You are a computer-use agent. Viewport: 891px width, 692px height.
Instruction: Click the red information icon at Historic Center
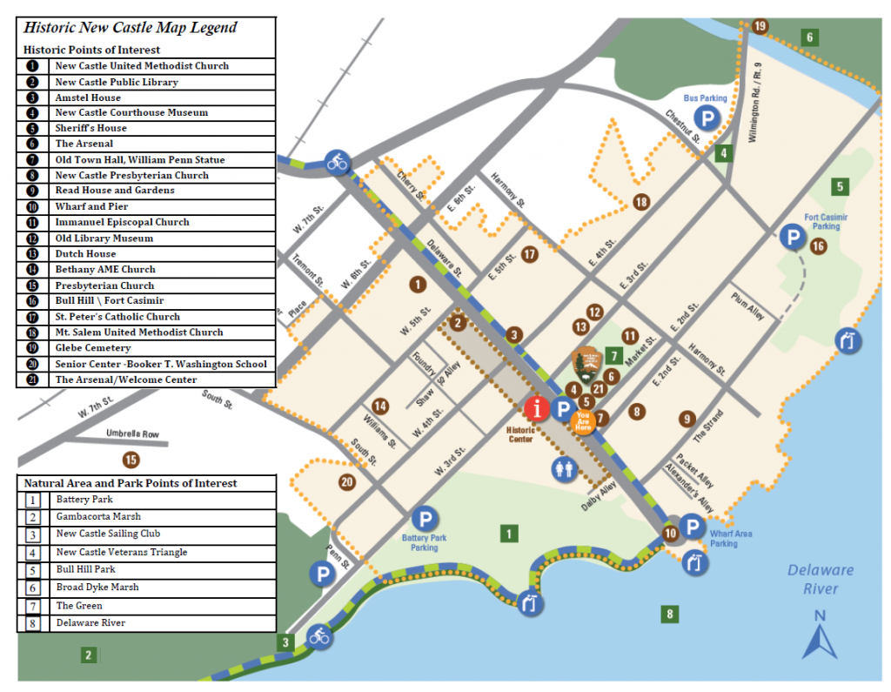tap(537, 407)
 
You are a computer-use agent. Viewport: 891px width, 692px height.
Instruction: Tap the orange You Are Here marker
tap(584, 421)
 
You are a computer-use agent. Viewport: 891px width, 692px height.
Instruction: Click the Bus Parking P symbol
tap(707, 119)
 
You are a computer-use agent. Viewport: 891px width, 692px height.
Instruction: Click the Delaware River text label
tap(821, 579)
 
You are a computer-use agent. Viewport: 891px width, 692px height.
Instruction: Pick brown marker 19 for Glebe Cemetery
tap(760, 26)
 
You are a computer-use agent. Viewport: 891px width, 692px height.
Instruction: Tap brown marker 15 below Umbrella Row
tap(131, 460)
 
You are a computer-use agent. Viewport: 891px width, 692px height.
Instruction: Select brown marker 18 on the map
tap(641, 202)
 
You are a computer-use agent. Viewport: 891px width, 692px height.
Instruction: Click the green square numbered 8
tap(668, 615)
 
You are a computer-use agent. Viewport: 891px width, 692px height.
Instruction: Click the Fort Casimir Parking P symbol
tap(792, 236)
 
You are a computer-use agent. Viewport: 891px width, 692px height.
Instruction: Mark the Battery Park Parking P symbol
tap(424, 519)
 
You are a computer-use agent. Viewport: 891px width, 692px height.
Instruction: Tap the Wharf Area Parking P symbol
tap(692, 526)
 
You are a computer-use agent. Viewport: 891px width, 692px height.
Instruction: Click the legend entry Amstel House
tap(88, 97)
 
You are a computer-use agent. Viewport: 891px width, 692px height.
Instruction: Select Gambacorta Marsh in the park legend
tap(98, 517)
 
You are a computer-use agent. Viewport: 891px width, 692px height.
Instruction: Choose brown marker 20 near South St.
tap(348, 481)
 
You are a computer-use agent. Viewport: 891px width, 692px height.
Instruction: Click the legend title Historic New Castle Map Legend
tap(131, 28)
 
